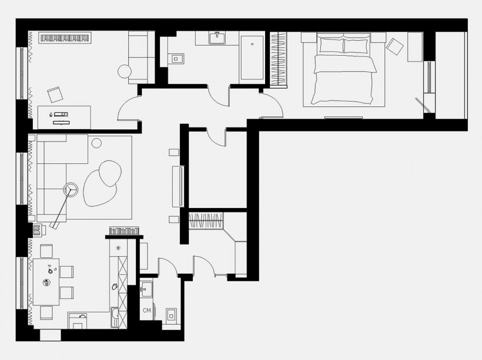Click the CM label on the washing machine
[146, 310]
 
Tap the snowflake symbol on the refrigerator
[118, 248]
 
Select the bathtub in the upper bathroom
[252, 58]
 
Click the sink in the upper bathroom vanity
[217, 38]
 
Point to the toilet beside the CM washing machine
[171, 315]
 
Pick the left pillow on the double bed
[332, 45]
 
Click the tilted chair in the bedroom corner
[394, 46]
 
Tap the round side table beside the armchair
[125, 72]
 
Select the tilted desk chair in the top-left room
[55, 95]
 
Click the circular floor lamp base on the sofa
[71, 190]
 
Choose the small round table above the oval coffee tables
[96, 143]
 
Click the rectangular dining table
[46, 282]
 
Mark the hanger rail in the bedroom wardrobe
[278, 58]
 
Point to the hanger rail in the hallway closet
[205, 221]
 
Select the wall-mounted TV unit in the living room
[178, 186]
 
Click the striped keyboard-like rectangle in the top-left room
[65, 38]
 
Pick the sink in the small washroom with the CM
[146, 289]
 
